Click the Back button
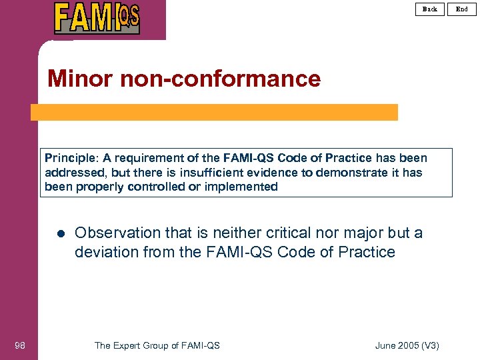[x=430, y=9]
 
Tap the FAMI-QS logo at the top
[x=97, y=18]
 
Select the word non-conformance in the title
[x=221, y=79]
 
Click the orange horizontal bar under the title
[x=214, y=112]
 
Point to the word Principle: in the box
[x=70, y=158]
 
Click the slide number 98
[x=21, y=345]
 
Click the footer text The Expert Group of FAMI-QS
[x=157, y=345]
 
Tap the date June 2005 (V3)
[x=407, y=345]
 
